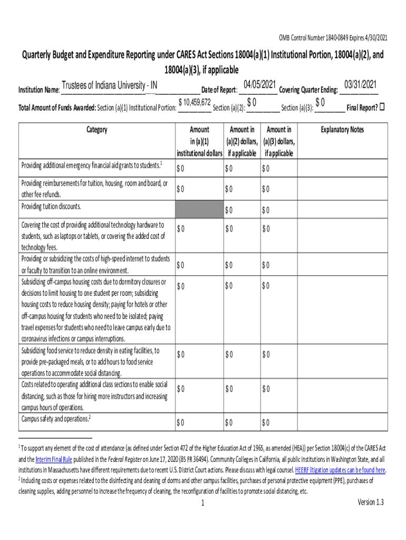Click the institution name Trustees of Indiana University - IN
coord(109,85)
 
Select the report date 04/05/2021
coord(259,85)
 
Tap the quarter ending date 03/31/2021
coord(360,85)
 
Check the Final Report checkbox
coord(383,107)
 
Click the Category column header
coord(95,130)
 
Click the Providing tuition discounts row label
coord(51,206)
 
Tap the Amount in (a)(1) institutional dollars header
coord(199,141)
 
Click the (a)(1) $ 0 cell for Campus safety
coord(181,422)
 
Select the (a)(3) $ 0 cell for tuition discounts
coord(266,210)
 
